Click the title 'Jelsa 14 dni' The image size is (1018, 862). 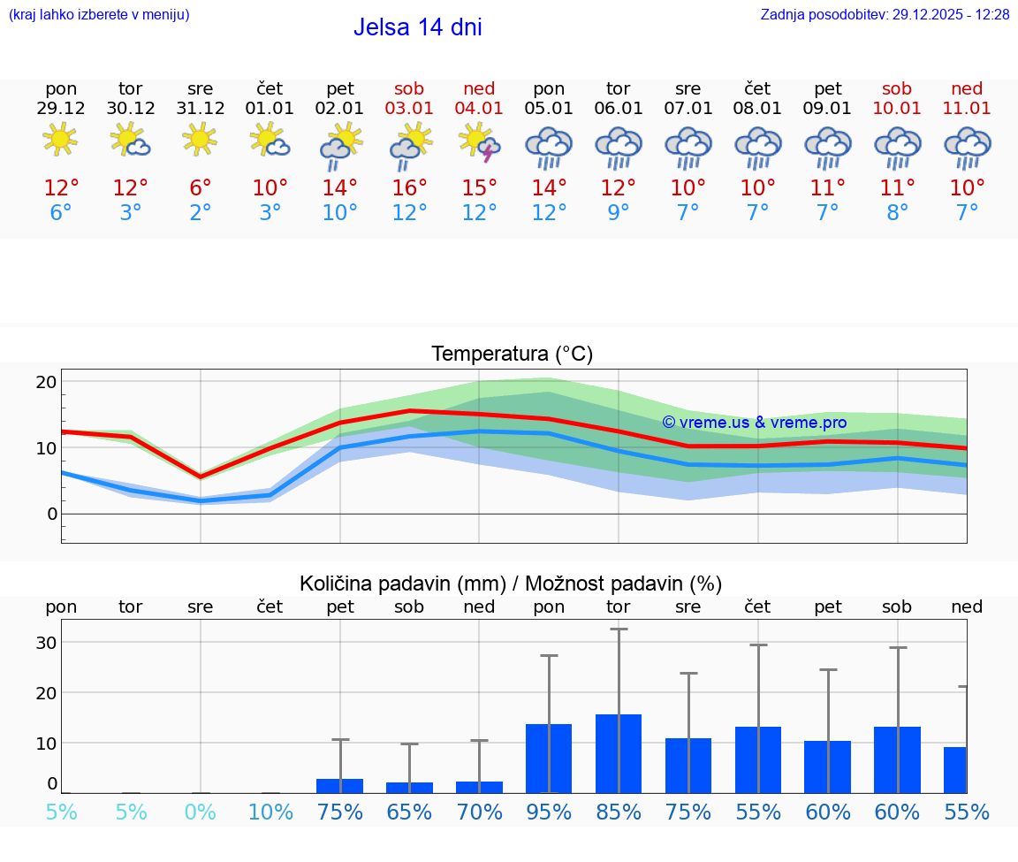click(x=417, y=27)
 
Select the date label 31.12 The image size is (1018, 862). click(x=201, y=109)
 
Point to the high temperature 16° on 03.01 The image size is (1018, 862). click(x=409, y=187)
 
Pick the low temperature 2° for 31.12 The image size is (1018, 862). click(x=201, y=213)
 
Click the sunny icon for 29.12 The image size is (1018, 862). click(x=60, y=139)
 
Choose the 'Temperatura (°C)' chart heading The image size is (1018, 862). click(x=512, y=354)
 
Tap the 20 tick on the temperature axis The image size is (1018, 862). click(x=46, y=382)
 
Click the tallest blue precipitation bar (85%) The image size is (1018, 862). click(x=619, y=753)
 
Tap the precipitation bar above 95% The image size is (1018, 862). click(x=549, y=759)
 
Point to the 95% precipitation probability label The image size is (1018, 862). click(x=549, y=812)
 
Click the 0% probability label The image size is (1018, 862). click(x=201, y=812)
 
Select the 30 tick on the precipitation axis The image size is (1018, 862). click(x=46, y=643)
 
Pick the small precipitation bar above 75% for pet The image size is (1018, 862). click(x=340, y=785)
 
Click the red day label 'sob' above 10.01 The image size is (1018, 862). click(x=897, y=88)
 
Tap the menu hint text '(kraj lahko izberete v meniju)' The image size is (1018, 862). click(x=99, y=14)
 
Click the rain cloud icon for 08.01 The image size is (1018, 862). click(x=758, y=147)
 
